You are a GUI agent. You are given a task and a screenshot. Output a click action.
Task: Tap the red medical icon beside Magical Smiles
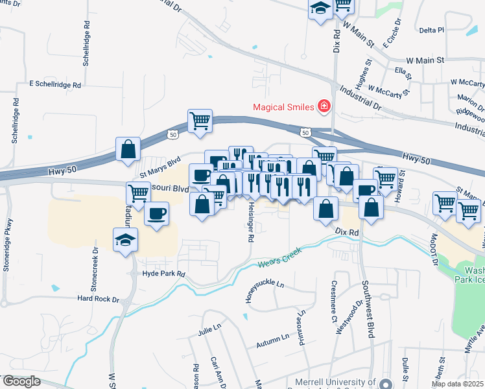coord(323,106)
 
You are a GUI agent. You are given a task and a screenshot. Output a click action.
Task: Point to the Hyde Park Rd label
coord(163,274)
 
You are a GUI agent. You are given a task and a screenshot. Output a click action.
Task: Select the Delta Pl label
coord(431,30)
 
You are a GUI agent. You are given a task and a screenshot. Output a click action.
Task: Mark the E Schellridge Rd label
coord(55,84)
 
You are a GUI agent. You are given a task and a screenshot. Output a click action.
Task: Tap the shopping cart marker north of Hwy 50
coord(200,121)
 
